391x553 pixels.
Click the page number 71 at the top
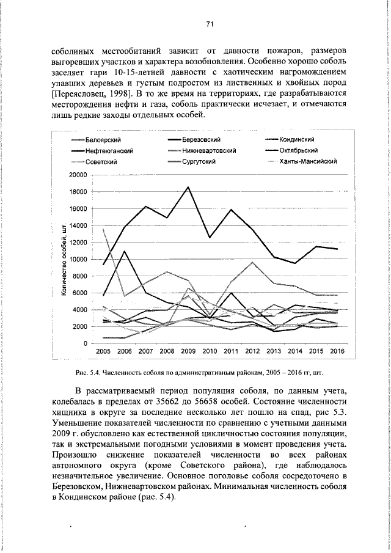[x=209, y=24]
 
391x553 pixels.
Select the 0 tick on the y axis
[x=85, y=343]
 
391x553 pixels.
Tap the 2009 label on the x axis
[x=188, y=353]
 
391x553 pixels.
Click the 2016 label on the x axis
[x=336, y=353]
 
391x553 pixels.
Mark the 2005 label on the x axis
[x=103, y=353]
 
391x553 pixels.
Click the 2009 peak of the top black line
[x=188, y=187]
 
